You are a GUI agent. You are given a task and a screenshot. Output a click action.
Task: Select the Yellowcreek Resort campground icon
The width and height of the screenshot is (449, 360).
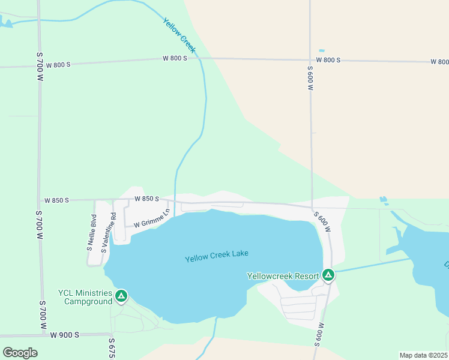(x=328, y=275)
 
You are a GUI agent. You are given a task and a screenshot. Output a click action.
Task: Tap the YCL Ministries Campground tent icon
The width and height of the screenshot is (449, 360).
(x=121, y=296)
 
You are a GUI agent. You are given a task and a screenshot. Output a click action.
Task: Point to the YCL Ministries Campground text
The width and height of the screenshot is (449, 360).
(x=85, y=297)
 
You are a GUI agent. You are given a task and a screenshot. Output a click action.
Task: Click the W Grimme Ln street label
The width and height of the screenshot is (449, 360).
(x=152, y=218)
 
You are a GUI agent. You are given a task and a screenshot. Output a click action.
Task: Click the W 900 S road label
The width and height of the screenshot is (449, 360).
(x=65, y=335)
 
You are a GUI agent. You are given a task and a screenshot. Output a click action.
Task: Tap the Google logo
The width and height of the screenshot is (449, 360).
(x=20, y=352)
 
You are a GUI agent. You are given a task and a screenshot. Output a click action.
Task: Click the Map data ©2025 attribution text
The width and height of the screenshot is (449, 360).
(x=423, y=355)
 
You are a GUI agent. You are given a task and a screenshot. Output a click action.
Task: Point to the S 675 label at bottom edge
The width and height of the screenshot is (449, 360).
(x=112, y=349)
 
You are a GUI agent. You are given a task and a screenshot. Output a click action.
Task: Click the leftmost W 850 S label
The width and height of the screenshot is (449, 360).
(x=56, y=200)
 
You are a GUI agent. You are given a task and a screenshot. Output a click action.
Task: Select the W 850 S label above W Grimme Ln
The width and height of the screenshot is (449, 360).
(x=146, y=199)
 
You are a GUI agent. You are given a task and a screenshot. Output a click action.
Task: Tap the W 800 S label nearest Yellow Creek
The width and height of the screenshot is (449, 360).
(x=175, y=58)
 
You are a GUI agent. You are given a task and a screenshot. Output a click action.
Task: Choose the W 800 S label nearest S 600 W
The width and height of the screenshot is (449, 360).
(x=328, y=61)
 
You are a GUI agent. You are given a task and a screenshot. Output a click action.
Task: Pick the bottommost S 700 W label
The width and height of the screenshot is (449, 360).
(x=43, y=314)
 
